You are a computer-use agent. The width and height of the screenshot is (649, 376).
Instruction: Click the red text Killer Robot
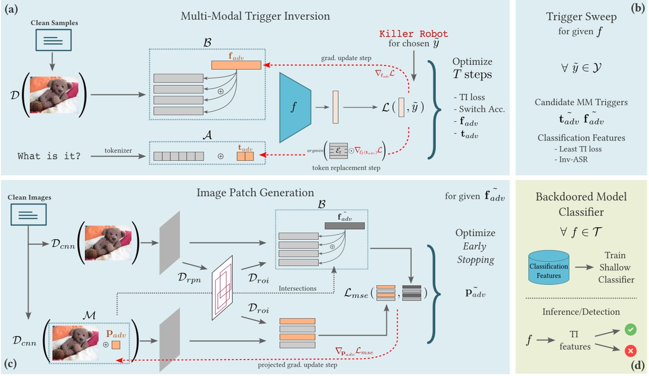click(x=413, y=34)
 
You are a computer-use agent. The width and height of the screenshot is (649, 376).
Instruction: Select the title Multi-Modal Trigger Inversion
click(x=256, y=16)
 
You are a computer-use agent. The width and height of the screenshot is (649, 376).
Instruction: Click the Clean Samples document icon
click(x=54, y=40)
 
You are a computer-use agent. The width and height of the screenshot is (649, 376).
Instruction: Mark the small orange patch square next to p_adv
click(x=115, y=345)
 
